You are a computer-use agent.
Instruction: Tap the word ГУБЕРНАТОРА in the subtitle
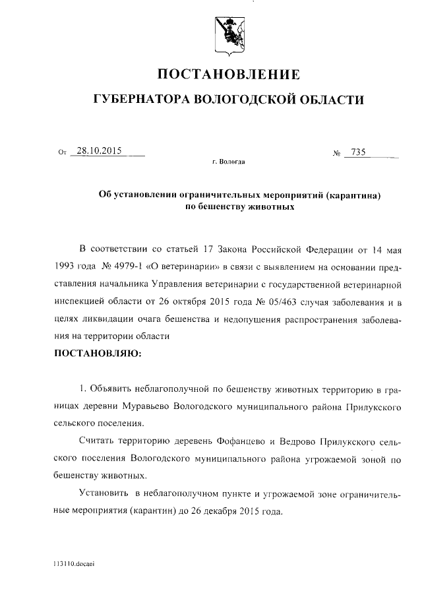pyautogui.click(x=138, y=100)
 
